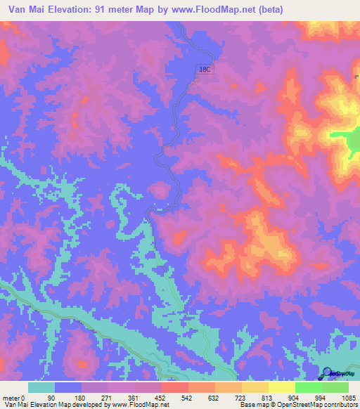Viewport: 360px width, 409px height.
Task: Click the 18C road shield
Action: coord(204,70)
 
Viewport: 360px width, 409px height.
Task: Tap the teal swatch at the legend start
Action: coord(41,387)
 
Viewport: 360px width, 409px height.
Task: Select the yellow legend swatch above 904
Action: coord(281,387)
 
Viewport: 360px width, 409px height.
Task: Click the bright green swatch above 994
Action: coord(308,387)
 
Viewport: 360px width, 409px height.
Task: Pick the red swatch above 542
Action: coord(174,387)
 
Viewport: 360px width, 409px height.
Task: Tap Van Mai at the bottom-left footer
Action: coord(15,404)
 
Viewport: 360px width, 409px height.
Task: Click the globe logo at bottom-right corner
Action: coord(328,373)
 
